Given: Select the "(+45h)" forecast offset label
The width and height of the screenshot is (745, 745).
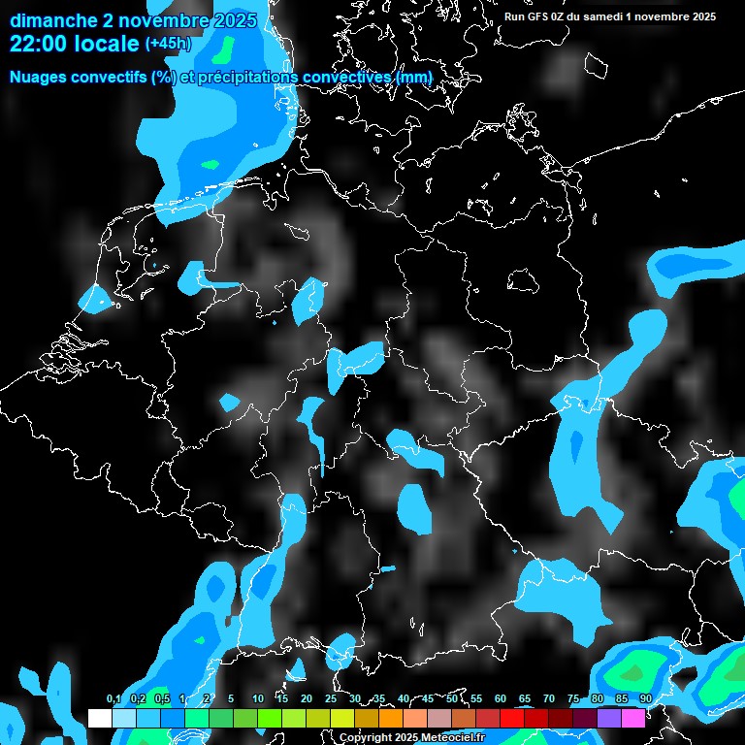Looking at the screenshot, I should (x=168, y=44).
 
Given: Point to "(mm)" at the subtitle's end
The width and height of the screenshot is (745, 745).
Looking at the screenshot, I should (x=413, y=77).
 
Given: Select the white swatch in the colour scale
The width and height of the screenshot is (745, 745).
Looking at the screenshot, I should (x=99, y=718).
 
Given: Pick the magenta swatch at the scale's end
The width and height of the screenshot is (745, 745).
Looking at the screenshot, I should (x=632, y=718).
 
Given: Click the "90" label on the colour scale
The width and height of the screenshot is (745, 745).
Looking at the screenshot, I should (x=645, y=698).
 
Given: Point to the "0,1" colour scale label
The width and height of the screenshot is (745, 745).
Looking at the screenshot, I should (x=113, y=698).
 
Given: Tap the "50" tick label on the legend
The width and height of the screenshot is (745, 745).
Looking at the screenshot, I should (x=451, y=698).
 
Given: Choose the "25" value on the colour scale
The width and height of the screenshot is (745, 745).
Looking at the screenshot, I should (x=330, y=698).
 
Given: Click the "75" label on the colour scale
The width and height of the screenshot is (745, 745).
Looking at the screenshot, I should (x=572, y=698).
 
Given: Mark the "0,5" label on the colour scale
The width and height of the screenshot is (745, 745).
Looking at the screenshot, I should (x=161, y=698).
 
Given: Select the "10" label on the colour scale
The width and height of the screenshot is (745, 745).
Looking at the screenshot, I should (x=257, y=698).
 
